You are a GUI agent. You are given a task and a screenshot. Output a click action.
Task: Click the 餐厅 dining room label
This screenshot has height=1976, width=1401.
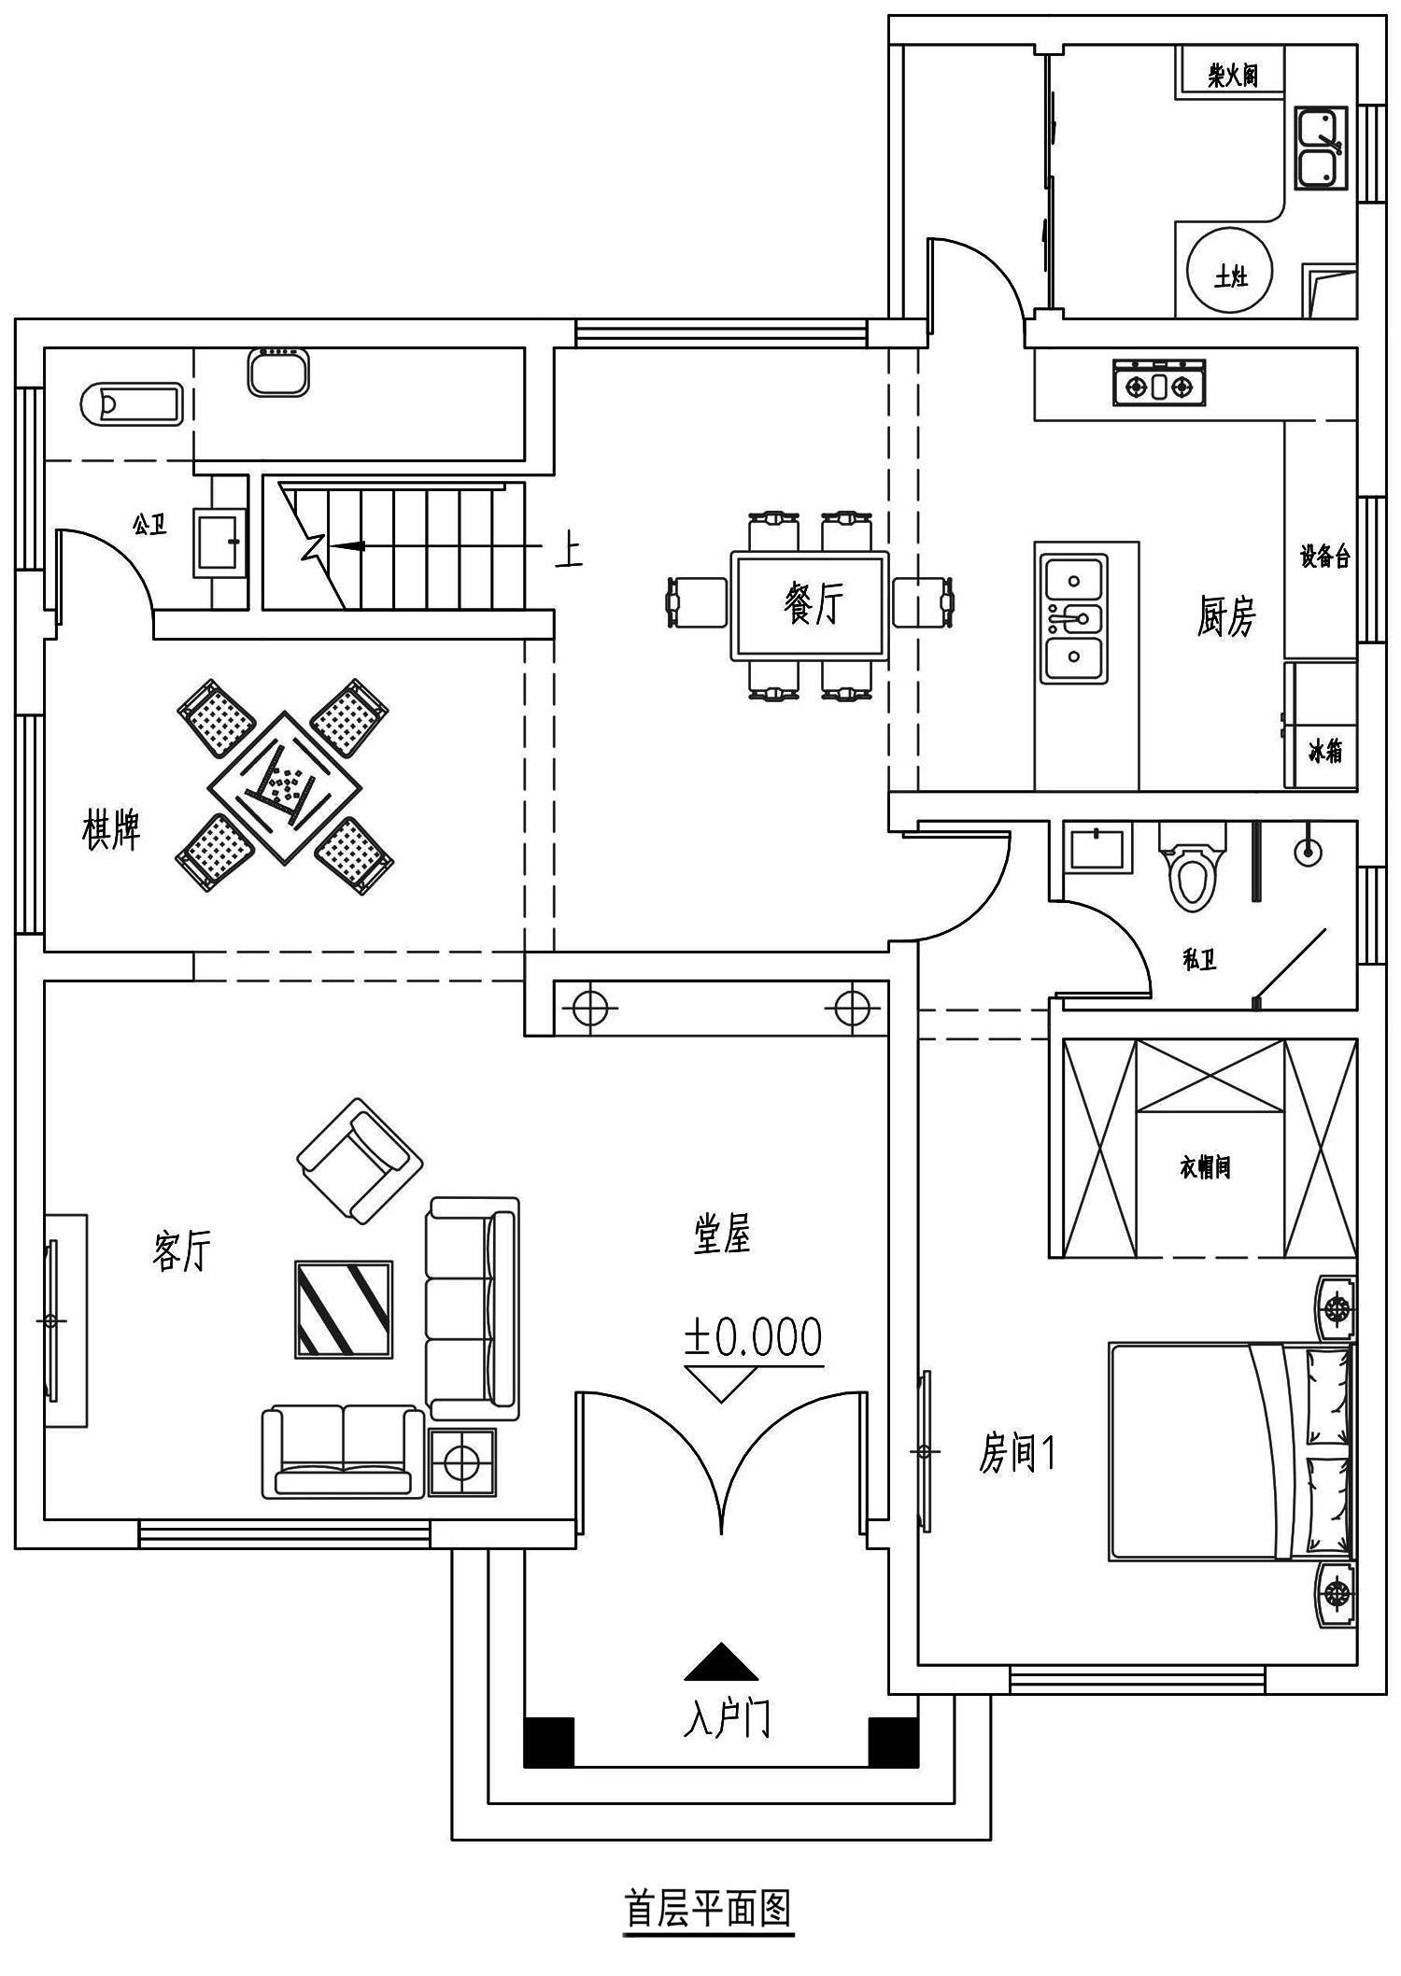click(814, 604)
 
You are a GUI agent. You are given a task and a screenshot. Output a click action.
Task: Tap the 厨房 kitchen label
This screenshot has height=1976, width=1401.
click(1226, 616)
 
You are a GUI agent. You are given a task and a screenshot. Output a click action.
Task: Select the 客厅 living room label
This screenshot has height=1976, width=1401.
click(181, 1250)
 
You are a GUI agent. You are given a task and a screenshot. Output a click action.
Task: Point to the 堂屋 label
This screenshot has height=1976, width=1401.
click(722, 1234)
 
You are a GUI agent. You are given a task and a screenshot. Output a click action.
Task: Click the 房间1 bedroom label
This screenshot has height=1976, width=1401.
click(1017, 1453)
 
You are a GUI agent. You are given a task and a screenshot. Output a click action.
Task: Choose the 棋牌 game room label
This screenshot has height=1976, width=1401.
click(111, 830)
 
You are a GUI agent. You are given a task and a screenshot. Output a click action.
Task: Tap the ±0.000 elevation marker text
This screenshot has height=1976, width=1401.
click(753, 1337)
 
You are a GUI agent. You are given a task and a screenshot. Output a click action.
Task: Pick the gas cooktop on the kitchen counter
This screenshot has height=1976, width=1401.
click(1159, 383)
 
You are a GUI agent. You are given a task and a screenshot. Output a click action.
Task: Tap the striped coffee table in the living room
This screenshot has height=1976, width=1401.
click(344, 1308)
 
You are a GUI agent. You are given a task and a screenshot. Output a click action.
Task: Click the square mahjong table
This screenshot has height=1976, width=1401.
click(285, 788)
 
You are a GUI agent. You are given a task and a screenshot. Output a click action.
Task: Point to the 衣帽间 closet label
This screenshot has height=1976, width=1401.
click(1205, 1166)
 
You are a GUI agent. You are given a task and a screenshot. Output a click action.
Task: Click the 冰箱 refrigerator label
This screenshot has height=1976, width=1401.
click(1325, 751)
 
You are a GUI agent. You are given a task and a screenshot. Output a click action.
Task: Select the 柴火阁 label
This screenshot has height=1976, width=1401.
click(1233, 75)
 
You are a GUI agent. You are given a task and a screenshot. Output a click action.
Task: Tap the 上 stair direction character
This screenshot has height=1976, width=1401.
click(569, 551)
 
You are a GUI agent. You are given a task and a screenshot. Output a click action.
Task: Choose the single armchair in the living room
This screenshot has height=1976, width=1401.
click(360, 1161)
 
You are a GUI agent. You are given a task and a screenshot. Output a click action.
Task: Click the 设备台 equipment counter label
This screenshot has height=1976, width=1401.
click(1325, 557)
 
